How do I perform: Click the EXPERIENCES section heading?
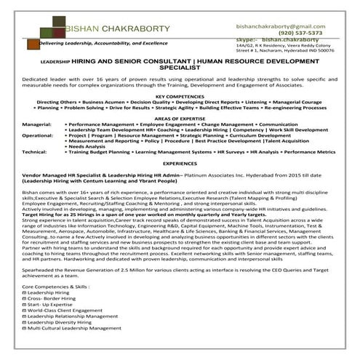coord(180,164)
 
